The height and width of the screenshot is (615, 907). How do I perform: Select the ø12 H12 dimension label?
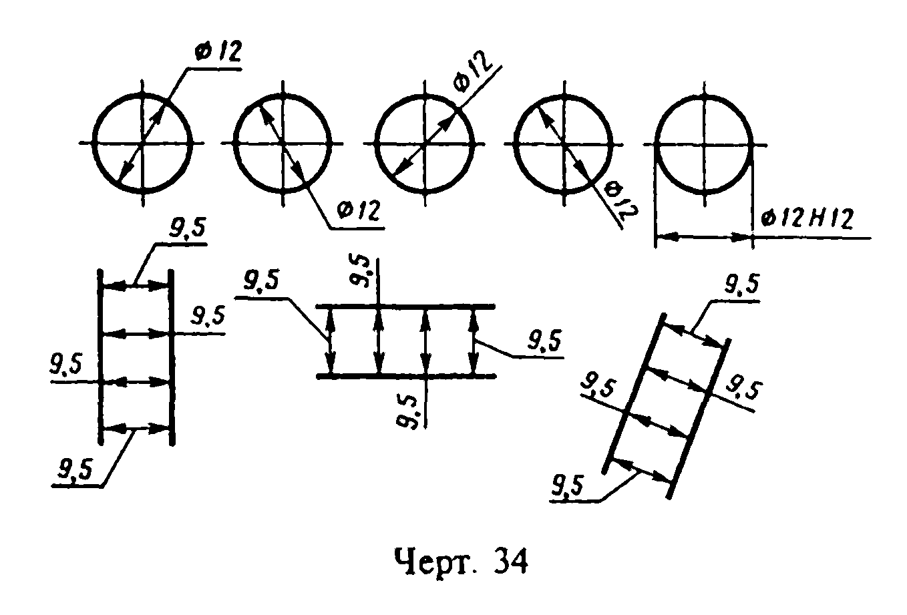[807, 218]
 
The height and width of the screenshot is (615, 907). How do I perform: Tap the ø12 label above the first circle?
[218, 51]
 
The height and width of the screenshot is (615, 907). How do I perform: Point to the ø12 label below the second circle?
[359, 210]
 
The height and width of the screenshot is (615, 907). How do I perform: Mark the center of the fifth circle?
[705, 144]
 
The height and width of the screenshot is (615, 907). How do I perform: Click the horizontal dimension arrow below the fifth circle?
[704, 236]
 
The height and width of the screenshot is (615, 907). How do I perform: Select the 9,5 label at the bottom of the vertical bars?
[75, 469]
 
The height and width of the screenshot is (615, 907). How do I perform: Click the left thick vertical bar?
[100, 357]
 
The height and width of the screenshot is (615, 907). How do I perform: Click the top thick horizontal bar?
[405, 306]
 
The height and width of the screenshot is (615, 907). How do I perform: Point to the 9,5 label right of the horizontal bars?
[544, 340]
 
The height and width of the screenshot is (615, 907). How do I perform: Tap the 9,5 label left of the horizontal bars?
[261, 280]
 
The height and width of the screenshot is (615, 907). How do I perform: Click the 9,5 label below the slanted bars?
[567, 486]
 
